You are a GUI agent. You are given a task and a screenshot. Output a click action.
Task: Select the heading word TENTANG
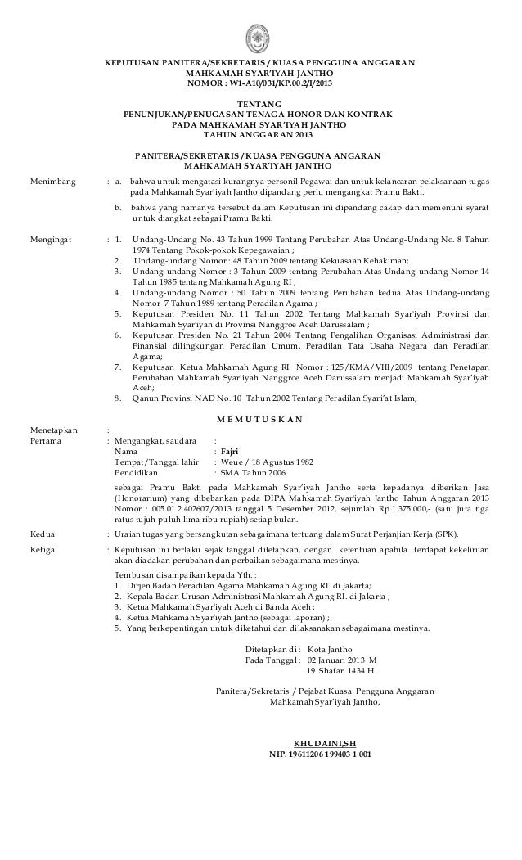(259, 104)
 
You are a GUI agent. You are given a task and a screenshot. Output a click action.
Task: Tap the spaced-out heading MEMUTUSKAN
(260, 419)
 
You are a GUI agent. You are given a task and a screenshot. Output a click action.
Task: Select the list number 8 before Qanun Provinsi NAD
(119, 398)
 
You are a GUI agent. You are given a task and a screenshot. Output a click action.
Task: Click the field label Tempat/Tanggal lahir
(157, 461)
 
